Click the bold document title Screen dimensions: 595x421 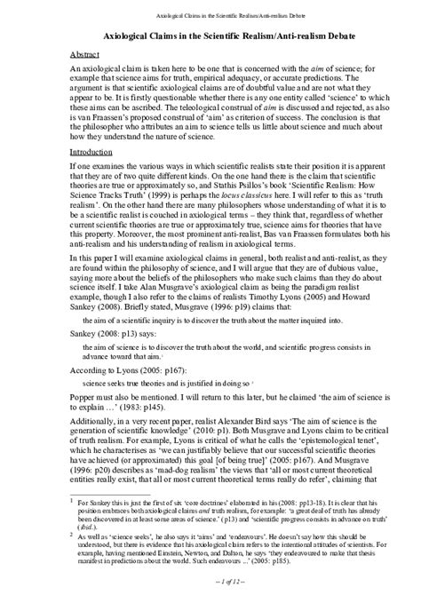click(210, 36)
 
